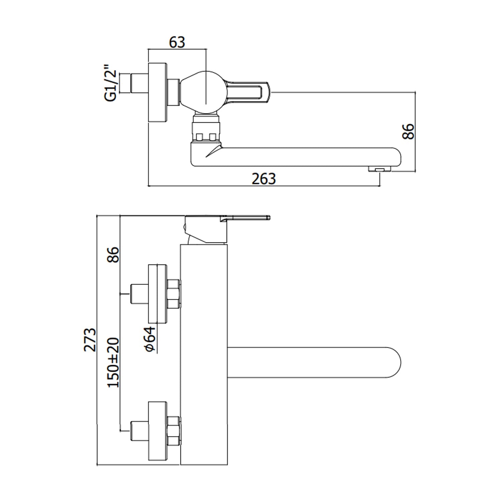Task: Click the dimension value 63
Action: point(177,42)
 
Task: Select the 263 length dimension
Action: point(264,179)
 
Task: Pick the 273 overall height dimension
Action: point(90,339)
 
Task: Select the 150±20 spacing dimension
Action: point(113,362)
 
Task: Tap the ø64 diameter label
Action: point(151,339)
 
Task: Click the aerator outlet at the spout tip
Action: point(380,170)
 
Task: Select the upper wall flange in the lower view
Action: point(157,294)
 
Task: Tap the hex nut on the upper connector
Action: point(173,294)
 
